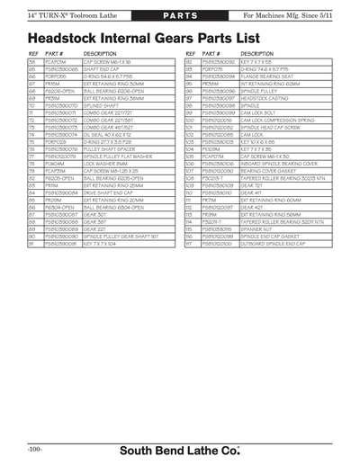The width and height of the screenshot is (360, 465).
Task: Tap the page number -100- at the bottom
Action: [x=37, y=447]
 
